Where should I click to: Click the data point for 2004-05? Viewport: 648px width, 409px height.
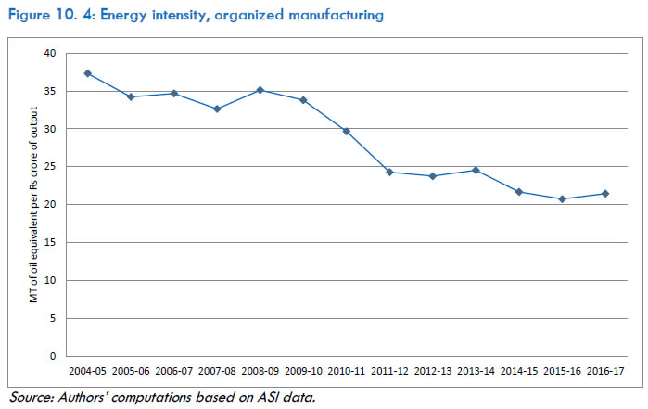(87, 73)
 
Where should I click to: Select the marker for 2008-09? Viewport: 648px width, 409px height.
(260, 90)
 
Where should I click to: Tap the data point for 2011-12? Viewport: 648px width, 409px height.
(389, 173)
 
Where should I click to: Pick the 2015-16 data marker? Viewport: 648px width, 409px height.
(562, 199)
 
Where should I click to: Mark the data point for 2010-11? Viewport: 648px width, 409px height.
(346, 131)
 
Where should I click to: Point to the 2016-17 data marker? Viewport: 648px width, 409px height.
(604, 194)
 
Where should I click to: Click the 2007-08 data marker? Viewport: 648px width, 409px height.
(217, 109)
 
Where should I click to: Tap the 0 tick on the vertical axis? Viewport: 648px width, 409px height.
(53, 356)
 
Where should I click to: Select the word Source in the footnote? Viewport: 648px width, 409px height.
(30, 397)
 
